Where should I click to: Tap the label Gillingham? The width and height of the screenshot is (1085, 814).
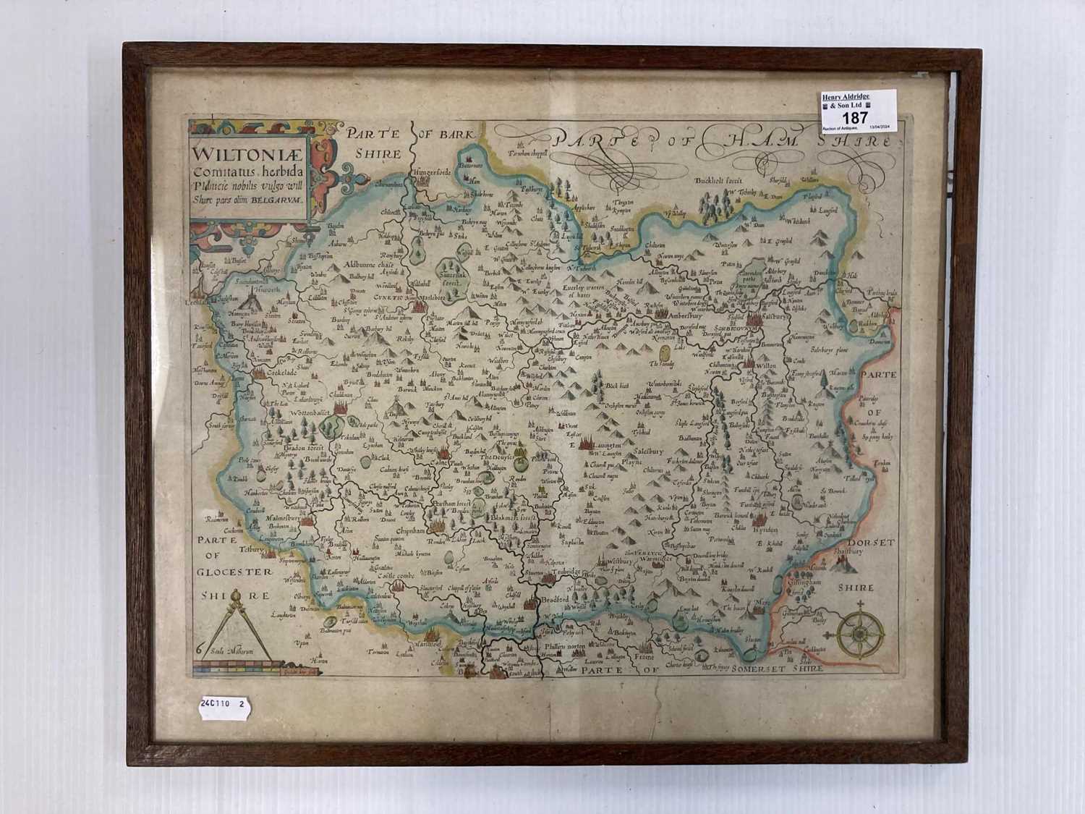point(813,581)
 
